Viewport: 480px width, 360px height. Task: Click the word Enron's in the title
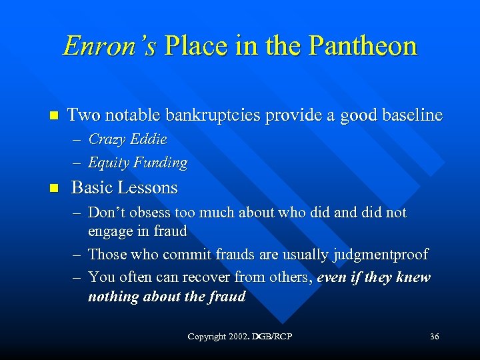tap(110, 46)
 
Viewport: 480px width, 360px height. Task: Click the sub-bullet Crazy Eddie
tap(127, 139)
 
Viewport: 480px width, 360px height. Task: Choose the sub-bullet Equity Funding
tap(137, 162)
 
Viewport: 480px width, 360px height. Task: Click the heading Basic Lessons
tap(124, 187)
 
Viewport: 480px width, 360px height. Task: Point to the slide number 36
tap(434, 337)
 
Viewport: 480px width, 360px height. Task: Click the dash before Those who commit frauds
tap(76, 255)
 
